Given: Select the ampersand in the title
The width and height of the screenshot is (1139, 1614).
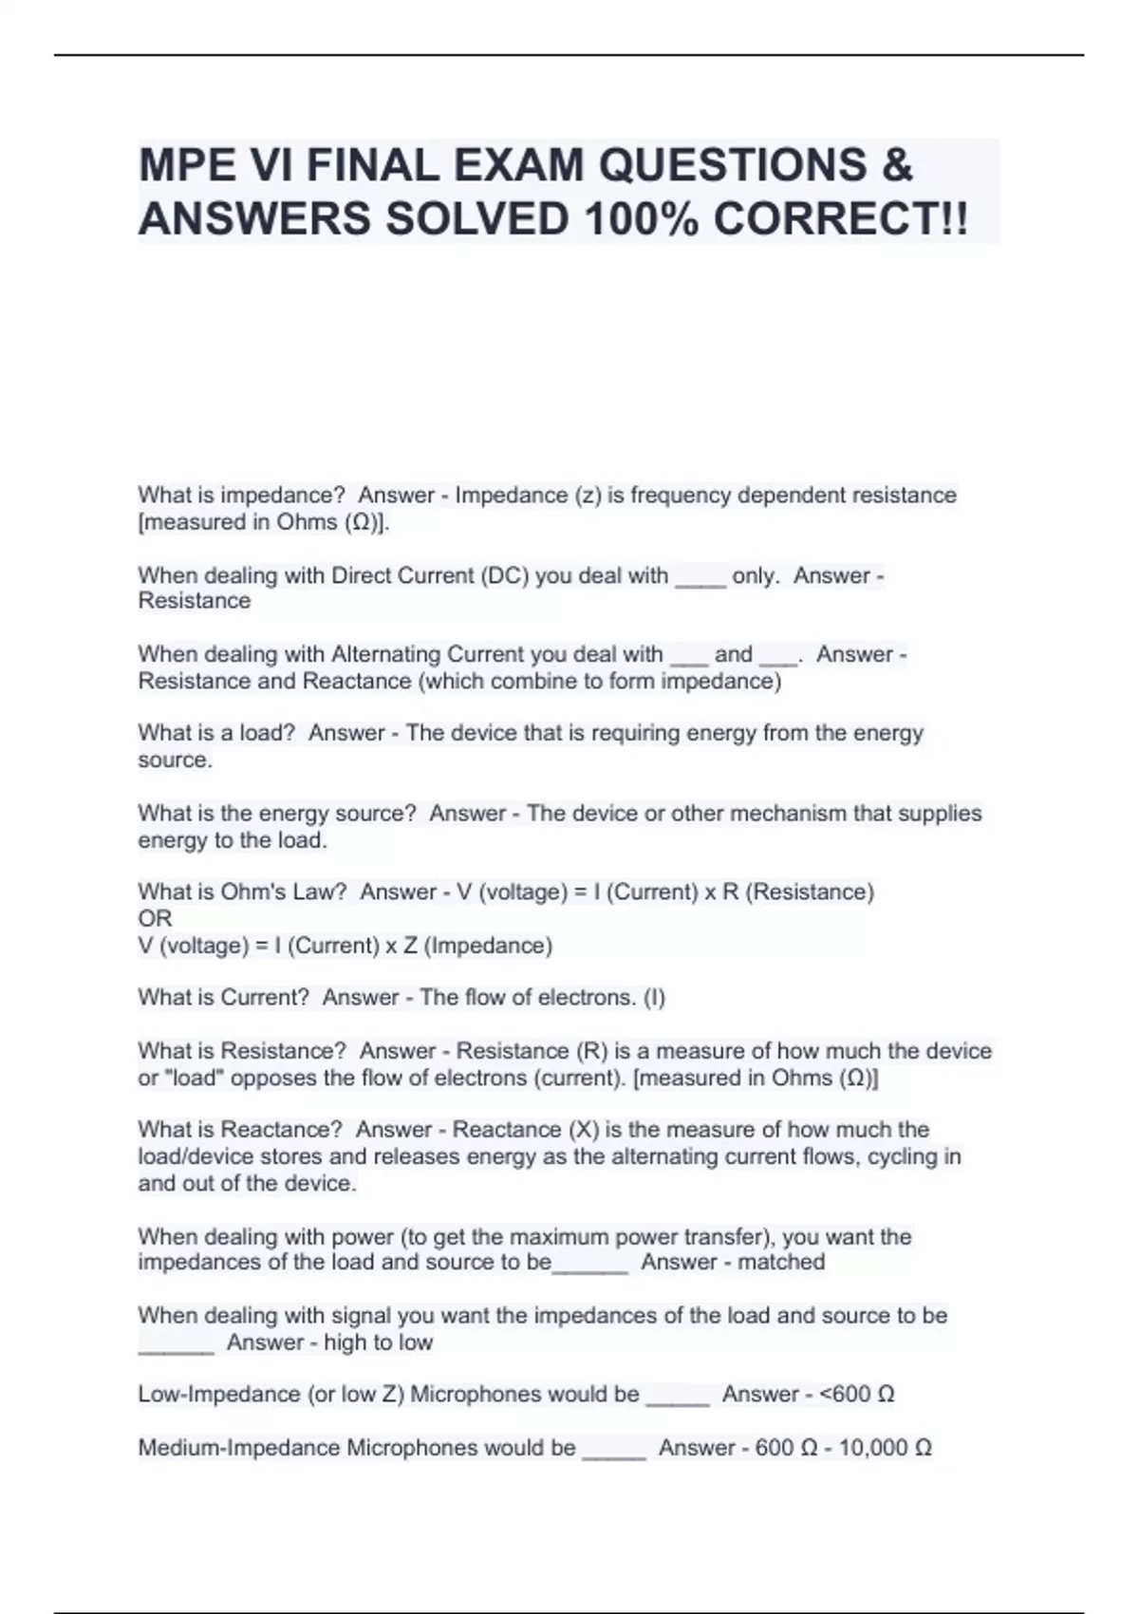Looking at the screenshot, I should [x=896, y=165].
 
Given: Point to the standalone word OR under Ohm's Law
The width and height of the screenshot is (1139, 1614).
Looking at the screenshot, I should [x=155, y=919].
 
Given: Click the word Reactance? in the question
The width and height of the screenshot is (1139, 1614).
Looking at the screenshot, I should [x=281, y=1130].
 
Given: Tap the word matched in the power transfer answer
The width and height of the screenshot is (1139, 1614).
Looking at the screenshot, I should [x=781, y=1263].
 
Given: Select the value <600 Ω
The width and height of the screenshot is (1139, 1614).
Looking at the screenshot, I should [x=856, y=1395].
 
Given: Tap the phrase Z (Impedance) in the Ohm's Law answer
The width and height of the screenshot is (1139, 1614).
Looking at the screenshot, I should [x=478, y=946].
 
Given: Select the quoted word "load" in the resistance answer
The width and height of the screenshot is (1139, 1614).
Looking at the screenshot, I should [x=193, y=1079].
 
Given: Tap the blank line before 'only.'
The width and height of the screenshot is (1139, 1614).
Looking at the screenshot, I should [x=700, y=578].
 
